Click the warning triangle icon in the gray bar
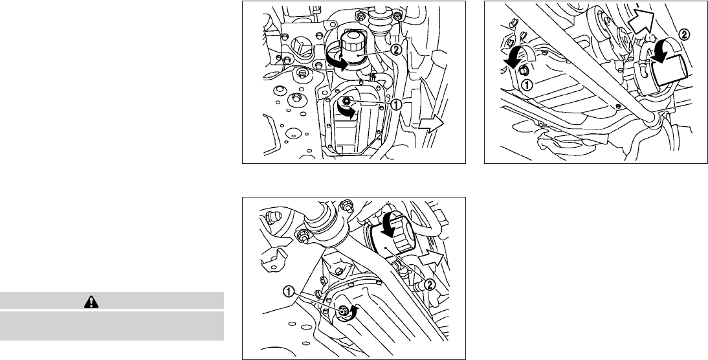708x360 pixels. [x=91, y=302]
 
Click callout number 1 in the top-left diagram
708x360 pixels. [x=395, y=104]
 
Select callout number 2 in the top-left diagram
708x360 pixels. [x=398, y=50]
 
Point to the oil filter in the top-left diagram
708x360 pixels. [x=353, y=49]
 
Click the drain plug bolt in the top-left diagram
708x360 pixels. [x=348, y=101]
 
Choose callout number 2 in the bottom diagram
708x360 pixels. [x=429, y=284]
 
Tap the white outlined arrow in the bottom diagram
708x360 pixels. [x=431, y=259]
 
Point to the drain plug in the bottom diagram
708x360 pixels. [x=343, y=310]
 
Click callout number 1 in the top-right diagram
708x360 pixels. [x=527, y=83]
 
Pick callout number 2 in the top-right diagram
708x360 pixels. [x=685, y=34]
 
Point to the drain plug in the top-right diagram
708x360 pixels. [x=524, y=70]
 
